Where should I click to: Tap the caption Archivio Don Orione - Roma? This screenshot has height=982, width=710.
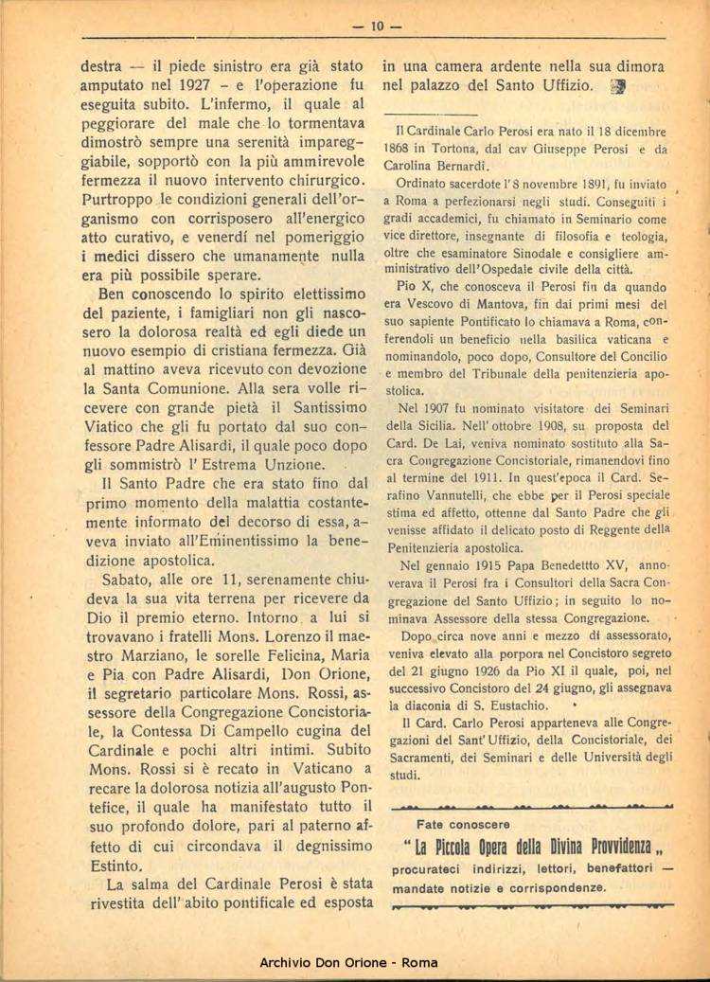pos(349,962)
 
